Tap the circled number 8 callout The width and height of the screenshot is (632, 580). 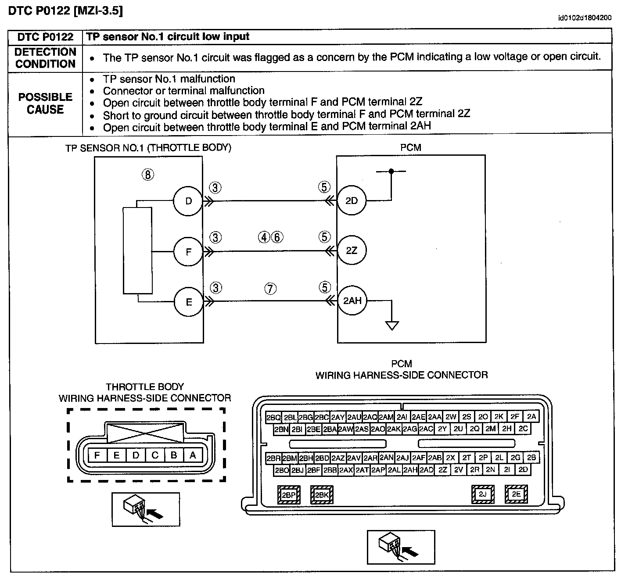point(148,175)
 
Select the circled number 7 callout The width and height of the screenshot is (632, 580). point(270,289)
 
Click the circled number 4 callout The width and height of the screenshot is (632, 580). point(264,237)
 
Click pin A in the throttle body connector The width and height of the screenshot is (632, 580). point(193,455)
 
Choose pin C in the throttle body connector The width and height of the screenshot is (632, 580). point(154,455)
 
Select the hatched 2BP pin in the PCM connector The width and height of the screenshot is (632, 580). point(289,494)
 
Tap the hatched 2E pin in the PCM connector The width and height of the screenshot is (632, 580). point(516,494)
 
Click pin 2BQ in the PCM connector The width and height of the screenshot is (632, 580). point(273,417)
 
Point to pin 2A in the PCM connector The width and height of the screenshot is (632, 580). point(531,416)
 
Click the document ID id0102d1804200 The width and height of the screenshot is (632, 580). point(585,18)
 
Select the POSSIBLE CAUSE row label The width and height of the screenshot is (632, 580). point(45,103)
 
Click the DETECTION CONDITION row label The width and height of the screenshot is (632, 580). point(45,57)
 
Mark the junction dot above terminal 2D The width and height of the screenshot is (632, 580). point(391,171)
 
